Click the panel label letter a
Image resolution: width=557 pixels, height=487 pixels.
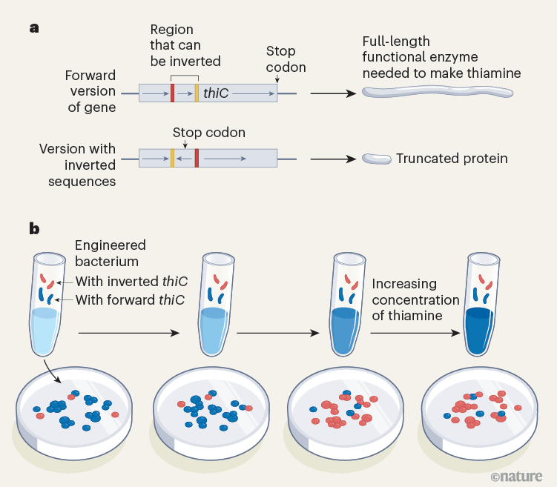(x=33, y=28)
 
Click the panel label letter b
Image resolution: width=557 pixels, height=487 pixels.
(x=34, y=228)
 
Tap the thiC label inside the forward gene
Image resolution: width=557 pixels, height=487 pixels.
(x=216, y=93)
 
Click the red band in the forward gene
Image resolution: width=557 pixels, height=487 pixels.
(x=172, y=93)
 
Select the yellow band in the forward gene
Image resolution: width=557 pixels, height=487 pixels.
(x=197, y=93)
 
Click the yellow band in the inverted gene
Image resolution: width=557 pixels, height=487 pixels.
(x=172, y=158)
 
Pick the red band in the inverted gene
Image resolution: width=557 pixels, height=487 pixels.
(x=197, y=158)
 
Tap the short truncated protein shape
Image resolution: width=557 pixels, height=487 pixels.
(x=376, y=159)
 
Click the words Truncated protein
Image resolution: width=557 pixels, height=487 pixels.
(x=452, y=159)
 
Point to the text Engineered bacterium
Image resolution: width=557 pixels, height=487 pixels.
(x=111, y=254)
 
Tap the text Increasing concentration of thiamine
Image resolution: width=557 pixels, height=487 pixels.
(x=415, y=299)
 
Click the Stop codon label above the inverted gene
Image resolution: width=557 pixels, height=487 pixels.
(x=208, y=133)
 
